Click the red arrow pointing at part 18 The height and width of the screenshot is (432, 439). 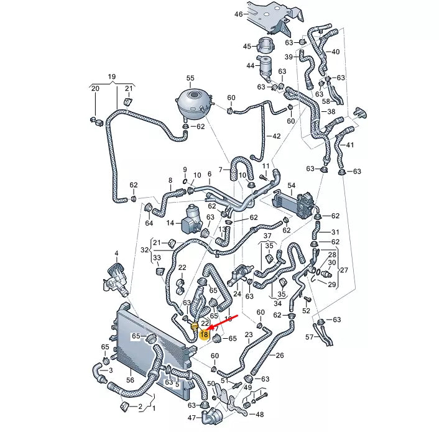[x=224, y=321]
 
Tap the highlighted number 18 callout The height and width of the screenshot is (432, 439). [x=204, y=334]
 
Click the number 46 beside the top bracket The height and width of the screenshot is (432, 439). [x=239, y=14]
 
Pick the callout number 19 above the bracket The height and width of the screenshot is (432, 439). [x=112, y=76]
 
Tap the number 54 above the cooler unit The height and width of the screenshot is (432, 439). [x=292, y=185]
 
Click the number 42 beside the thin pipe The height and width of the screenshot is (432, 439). [x=276, y=136]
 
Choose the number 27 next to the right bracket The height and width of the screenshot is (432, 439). [x=344, y=270]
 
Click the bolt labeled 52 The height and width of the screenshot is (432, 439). [x=307, y=300]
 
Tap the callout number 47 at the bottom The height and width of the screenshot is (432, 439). [x=192, y=418]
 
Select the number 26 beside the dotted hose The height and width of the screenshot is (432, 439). [x=280, y=356]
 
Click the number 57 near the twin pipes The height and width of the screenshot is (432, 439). [x=310, y=337]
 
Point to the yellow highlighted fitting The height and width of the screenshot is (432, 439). [x=194, y=326]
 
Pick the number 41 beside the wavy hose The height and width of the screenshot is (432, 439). [x=350, y=145]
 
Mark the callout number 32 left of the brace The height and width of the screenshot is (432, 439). [x=144, y=250]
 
